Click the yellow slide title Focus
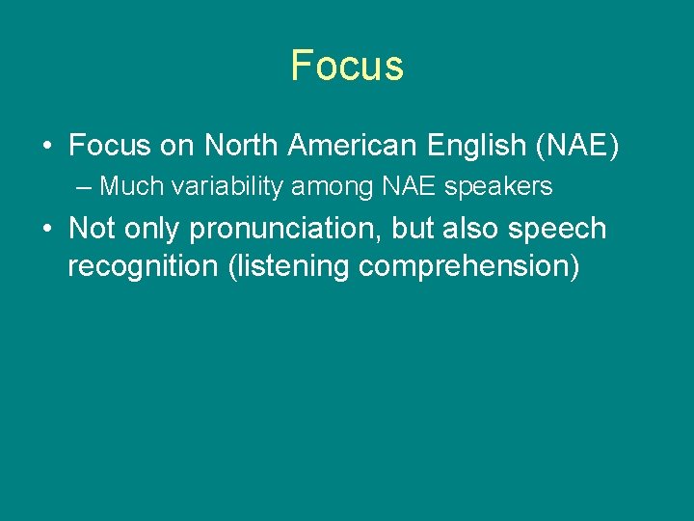pyautogui.click(x=347, y=66)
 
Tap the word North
pyautogui.click(x=243, y=146)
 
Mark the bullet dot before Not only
pyautogui.click(x=47, y=230)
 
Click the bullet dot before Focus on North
pyautogui.click(x=47, y=147)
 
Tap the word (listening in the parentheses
pyautogui.click(x=288, y=266)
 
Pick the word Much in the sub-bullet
pyautogui.click(x=132, y=185)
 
